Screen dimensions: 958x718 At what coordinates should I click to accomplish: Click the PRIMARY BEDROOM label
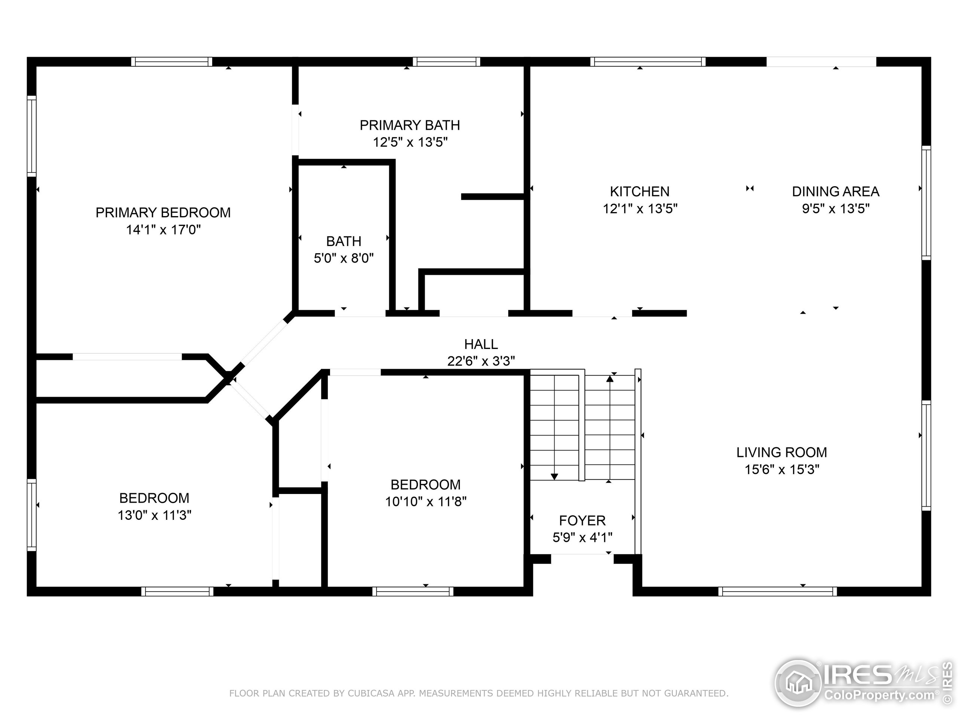click(163, 212)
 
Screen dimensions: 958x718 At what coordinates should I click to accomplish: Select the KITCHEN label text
click(640, 191)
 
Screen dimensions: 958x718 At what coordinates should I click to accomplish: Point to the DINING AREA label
click(835, 191)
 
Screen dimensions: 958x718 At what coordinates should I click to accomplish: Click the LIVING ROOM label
click(782, 452)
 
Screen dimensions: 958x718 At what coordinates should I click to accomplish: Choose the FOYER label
click(582, 520)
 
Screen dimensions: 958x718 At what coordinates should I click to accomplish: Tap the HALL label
click(481, 344)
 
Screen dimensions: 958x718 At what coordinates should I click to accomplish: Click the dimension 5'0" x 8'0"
click(344, 258)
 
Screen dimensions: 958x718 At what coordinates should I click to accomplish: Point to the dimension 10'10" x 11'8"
click(426, 501)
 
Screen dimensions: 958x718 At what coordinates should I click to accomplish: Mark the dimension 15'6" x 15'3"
click(782, 470)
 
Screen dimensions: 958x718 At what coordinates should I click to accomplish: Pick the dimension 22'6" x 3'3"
click(481, 361)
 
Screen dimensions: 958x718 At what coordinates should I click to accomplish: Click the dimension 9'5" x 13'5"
click(835, 209)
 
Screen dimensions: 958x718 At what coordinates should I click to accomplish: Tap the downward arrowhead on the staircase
click(554, 477)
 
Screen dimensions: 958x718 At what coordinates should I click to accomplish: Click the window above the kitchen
click(648, 62)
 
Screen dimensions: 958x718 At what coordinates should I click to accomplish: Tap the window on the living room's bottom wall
click(778, 591)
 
